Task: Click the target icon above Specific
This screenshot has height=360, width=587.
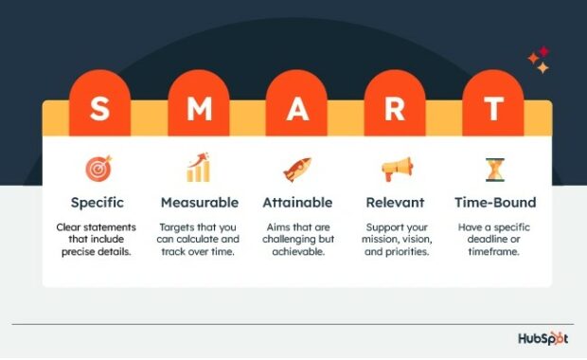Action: pyautogui.click(x=98, y=170)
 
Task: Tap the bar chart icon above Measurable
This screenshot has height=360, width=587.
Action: pyautogui.click(x=198, y=169)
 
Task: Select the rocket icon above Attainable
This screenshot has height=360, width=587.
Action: pyautogui.click(x=296, y=169)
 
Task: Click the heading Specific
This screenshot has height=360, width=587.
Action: pyautogui.click(x=98, y=202)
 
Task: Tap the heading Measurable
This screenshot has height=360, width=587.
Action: pyautogui.click(x=199, y=202)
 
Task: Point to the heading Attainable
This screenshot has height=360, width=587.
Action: pyautogui.click(x=296, y=202)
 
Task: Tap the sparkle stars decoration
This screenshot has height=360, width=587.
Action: pyautogui.click(x=539, y=61)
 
